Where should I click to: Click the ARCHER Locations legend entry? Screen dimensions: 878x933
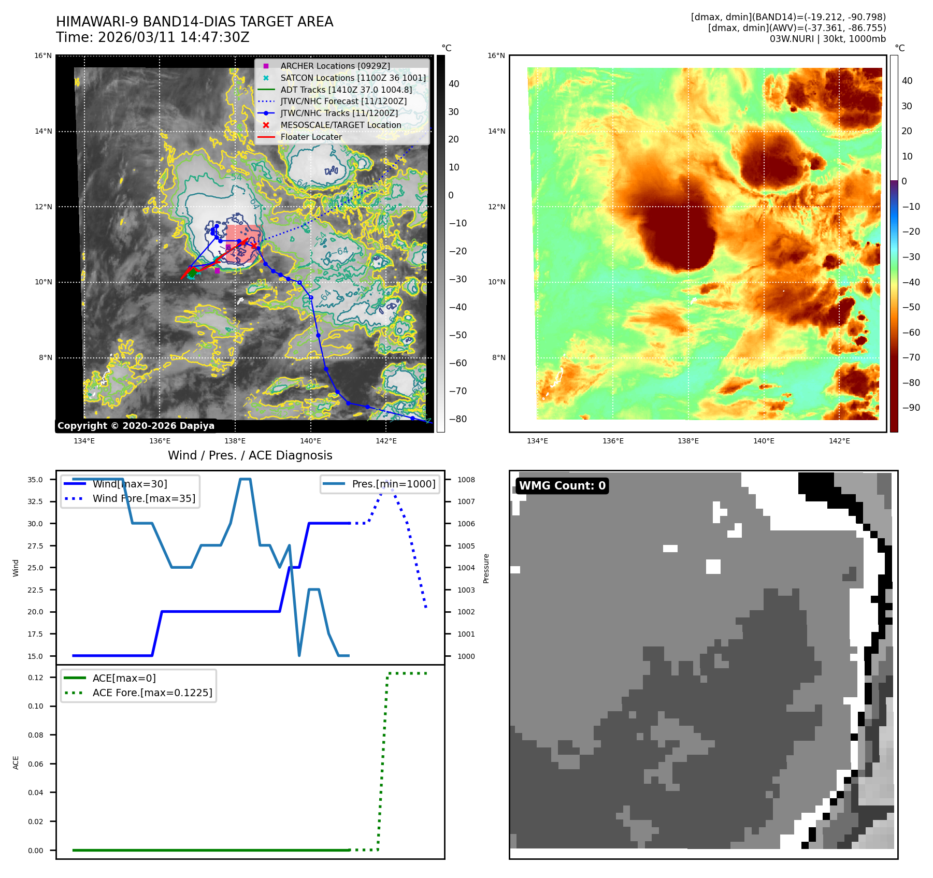point(335,66)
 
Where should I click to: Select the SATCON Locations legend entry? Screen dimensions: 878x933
point(353,78)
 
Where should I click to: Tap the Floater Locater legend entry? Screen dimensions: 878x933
point(311,137)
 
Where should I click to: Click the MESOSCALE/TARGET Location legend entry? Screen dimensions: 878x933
point(340,125)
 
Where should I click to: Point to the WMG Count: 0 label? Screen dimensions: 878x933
point(562,485)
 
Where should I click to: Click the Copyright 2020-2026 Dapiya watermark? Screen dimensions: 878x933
point(136,426)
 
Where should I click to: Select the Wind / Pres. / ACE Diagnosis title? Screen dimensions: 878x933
point(250,455)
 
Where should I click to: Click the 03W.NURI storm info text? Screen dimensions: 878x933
point(827,39)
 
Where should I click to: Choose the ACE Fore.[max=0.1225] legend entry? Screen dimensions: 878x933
point(152,693)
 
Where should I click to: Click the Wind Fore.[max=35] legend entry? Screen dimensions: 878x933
point(144,498)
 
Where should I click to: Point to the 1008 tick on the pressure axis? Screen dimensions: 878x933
point(466,480)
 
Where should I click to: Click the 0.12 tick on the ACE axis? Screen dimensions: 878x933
point(36,678)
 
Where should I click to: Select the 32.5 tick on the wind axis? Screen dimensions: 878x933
point(35,501)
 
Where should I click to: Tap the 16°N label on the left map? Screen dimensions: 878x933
point(43,55)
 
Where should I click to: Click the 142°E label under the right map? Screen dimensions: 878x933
point(839,441)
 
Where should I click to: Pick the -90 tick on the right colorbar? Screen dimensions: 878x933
point(911,408)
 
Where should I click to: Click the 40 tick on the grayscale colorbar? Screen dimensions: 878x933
point(454,84)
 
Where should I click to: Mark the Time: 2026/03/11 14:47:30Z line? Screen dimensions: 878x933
point(153,37)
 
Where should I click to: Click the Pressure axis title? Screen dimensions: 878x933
point(486,568)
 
